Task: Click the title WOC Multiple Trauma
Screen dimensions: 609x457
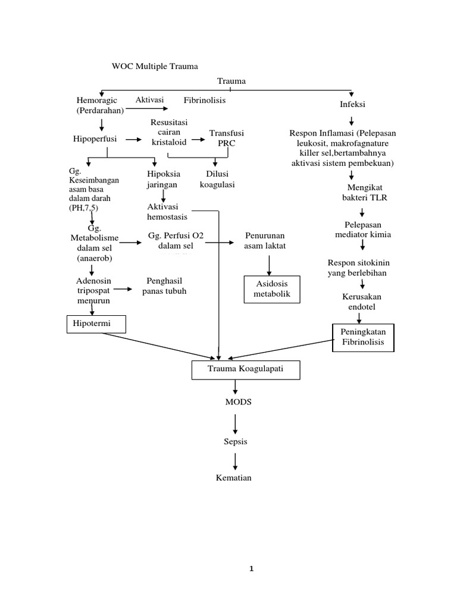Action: [x=155, y=66]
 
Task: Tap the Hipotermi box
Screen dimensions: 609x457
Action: [x=96, y=324]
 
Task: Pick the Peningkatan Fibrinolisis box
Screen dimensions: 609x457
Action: [x=362, y=337]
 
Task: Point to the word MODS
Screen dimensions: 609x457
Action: [x=238, y=402]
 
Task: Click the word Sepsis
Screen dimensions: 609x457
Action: [x=236, y=442]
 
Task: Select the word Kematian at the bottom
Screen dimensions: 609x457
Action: [x=234, y=478]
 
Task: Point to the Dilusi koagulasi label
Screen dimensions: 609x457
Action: [x=217, y=179]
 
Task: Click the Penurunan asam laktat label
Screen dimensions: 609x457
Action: [x=265, y=241]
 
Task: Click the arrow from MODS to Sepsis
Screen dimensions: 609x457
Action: [x=236, y=423]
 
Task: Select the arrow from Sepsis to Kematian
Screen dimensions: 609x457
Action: [x=236, y=461]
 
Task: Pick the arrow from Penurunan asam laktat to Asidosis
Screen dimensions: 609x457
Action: [x=270, y=263]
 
